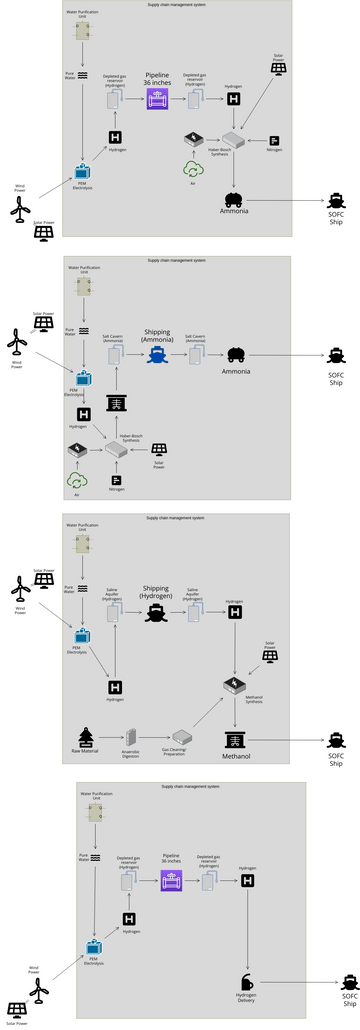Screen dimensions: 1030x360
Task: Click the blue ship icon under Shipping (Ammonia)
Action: tap(156, 354)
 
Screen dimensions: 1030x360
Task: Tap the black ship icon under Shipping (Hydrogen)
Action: tap(156, 612)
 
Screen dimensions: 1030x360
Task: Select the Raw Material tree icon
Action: tap(85, 737)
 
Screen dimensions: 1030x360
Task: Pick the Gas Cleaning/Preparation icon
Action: tap(180, 737)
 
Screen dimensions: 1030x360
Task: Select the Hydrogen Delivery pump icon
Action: tap(246, 982)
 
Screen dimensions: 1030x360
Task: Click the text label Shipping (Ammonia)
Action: tap(157, 335)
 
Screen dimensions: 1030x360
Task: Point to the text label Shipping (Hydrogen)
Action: tap(156, 592)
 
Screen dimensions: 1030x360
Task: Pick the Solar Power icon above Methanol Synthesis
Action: tap(269, 656)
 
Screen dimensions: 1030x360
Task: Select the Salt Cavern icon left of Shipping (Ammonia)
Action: tap(113, 355)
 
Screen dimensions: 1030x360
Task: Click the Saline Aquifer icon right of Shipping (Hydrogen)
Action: tap(194, 612)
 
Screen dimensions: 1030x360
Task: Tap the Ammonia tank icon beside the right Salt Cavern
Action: tap(235, 354)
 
